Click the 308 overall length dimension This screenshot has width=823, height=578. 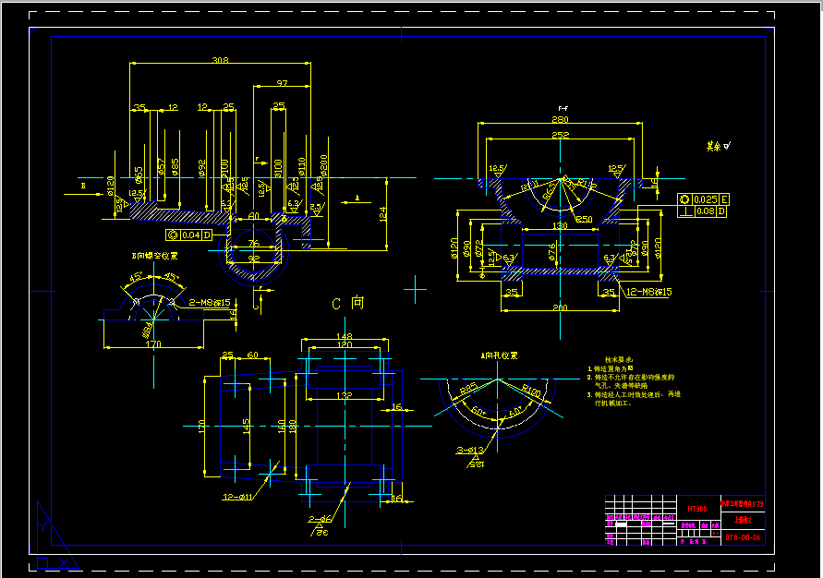[220, 61]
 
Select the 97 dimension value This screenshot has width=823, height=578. [282, 84]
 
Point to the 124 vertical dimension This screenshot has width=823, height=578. [381, 214]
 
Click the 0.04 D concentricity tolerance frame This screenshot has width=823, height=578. [189, 235]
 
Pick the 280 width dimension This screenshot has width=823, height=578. [561, 120]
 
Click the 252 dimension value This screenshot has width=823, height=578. [561, 135]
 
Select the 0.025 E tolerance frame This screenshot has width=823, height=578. [704, 199]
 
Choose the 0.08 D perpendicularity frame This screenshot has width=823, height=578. [704, 212]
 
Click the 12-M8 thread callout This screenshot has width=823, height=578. [649, 292]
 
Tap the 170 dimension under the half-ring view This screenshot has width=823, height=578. [153, 343]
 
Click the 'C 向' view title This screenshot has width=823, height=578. [348, 303]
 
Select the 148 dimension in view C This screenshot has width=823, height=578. [345, 336]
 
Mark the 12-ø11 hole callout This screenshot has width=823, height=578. [239, 497]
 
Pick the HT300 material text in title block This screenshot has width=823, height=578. [697, 509]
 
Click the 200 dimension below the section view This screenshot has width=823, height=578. [561, 307]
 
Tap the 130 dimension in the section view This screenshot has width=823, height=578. [561, 226]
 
